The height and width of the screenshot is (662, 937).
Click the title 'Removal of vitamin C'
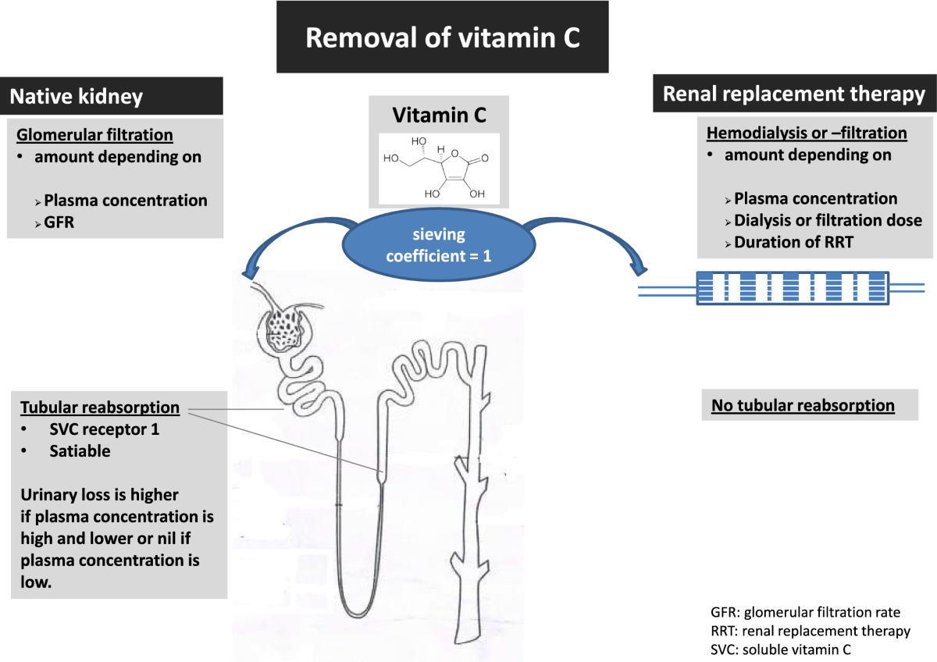[443, 37]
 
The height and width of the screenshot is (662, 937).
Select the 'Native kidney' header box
[111, 96]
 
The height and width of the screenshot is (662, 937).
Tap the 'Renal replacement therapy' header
[794, 93]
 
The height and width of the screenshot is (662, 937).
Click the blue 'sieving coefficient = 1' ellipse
[439, 245]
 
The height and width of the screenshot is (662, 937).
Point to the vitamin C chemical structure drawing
[439, 169]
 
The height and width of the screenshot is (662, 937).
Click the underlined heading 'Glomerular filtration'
[94, 134]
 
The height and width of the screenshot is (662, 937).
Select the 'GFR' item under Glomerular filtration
[59, 222]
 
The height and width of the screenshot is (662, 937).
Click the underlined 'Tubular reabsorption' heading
[100, 407]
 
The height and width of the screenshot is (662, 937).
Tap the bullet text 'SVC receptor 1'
[105, 429]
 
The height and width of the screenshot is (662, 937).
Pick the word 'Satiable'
[80, 450]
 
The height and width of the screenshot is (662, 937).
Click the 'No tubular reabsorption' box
[810, 405]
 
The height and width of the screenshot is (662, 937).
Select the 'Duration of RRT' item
[793, 242]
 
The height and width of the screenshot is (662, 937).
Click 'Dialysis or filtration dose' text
[828, 220]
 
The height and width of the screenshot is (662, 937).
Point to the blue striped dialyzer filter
[793, 288]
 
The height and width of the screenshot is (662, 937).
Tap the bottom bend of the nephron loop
[358, 611]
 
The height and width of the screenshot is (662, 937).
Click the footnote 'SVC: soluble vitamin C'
[781, 649]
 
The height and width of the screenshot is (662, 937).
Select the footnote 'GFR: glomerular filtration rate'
[805, 612]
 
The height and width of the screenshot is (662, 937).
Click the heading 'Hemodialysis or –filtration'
[807, 133]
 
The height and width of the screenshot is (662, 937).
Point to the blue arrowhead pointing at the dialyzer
[639, 270]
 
